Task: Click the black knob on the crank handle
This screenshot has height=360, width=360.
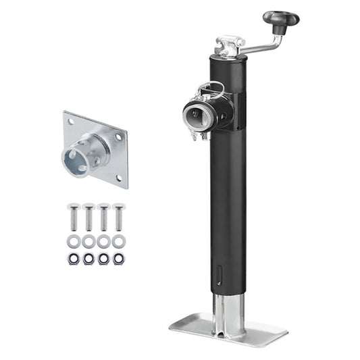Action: tap(280, 19)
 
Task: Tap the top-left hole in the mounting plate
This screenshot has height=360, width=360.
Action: tap(70, 121)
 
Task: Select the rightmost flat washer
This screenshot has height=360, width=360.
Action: tap(118, 241)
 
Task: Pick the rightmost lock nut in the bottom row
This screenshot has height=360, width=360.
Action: tap(118, 259)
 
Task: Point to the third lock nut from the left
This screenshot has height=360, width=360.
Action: tap(103, 259)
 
